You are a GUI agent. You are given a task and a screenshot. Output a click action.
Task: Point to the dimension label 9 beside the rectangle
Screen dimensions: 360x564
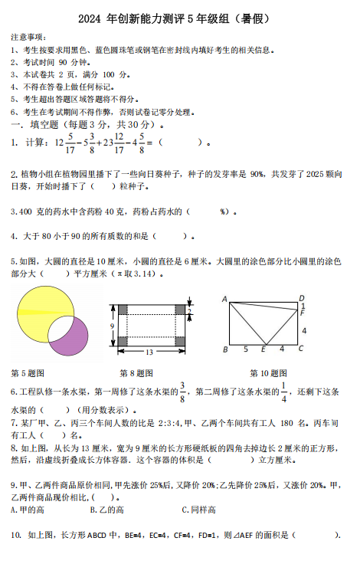click(112, 326)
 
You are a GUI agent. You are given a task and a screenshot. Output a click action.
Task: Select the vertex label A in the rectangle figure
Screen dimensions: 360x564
click(224, 299)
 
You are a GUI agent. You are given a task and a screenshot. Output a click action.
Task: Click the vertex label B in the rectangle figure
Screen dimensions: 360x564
click(224, 350)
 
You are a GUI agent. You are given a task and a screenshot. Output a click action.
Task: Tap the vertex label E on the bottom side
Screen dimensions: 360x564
click(263, 350)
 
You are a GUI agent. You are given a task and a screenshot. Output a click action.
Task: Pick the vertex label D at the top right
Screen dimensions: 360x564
click(302, 298)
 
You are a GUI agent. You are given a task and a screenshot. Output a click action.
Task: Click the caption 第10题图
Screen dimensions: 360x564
click(268, 373)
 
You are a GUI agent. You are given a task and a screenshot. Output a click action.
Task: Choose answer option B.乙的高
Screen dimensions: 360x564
click(107, 510)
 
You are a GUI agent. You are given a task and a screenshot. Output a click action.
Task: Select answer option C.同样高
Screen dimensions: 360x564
click(198, 510)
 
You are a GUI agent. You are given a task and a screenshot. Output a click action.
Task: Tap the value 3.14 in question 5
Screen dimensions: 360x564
click(144, 273)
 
